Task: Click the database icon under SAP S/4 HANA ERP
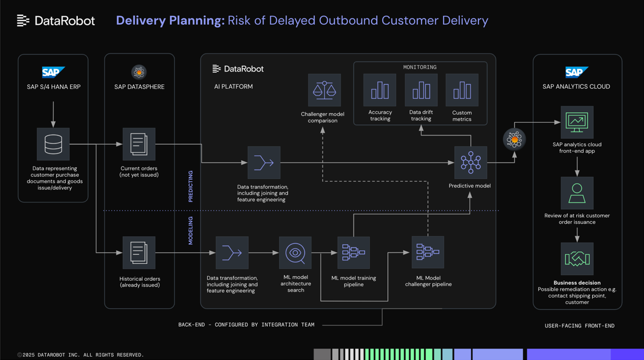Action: tap(53, 144)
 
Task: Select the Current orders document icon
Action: tap(139, 144)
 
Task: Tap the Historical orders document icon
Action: tap(139, 253)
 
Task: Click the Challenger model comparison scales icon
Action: tap(324, 90)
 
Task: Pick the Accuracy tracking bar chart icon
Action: tap(380, 90)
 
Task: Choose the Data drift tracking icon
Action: tap(421, 90)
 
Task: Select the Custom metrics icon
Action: tap(462, 90)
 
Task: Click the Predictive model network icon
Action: tap(471, 163)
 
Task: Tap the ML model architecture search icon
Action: tap(296, 253)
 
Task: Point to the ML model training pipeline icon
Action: tap(354, 253)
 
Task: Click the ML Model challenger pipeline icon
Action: tap(428, 253)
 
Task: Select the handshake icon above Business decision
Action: tap(577, 259)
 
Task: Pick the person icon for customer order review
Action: tap(577, 193)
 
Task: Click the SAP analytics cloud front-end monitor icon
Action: tap(577, 122)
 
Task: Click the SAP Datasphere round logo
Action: tap(139, 72)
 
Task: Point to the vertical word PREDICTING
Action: tap(190, 186)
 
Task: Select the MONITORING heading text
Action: tap(420, 67)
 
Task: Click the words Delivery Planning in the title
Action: tap(170, 21)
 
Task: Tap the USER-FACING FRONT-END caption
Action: tap(579, 326)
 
